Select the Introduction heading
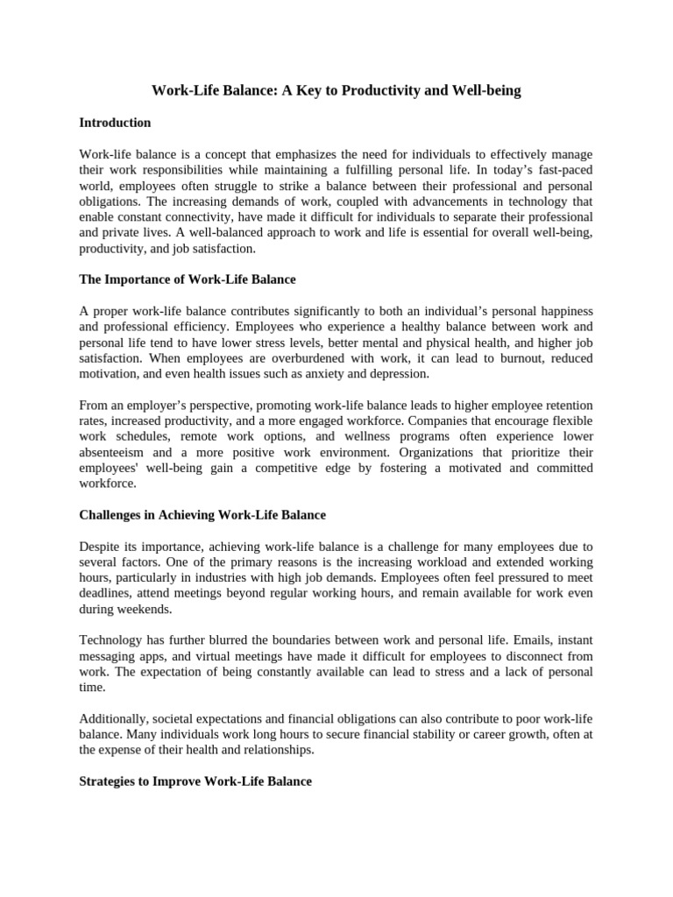point(115,123)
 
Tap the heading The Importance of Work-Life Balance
point(188,279)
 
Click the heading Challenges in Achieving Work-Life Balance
point(202,515)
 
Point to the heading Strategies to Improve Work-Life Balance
point(195,780)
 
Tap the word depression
point(400,373)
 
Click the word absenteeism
point(114,452)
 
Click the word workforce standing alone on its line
point(108,483)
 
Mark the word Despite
point(100,547)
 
